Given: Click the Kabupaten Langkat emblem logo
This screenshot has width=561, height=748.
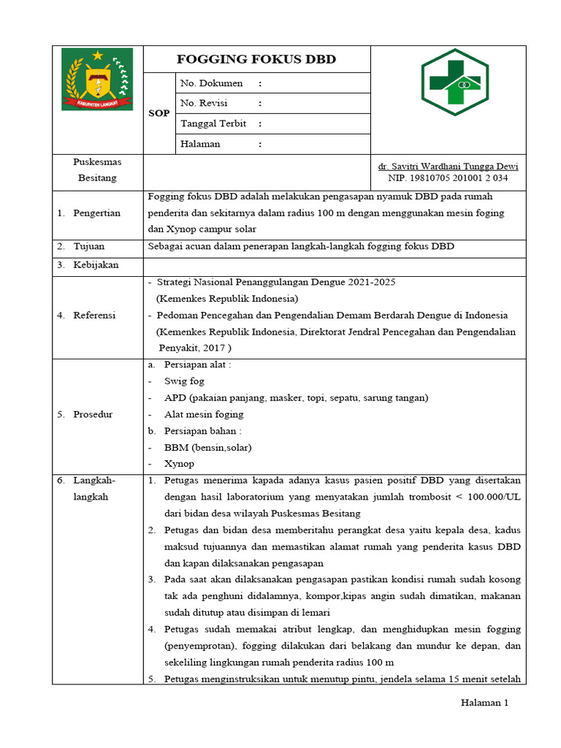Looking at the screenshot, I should tap(97, 79).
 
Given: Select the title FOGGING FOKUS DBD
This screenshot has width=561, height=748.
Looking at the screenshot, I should tap(257, 60).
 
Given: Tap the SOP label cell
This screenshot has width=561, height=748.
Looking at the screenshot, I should tap(159, 113).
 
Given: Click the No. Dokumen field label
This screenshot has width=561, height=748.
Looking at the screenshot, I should tap(211, 83).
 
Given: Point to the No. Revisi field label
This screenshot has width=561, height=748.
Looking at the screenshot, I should tap(204, 103).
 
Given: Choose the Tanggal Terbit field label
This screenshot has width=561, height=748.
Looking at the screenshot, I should tap(213, 123).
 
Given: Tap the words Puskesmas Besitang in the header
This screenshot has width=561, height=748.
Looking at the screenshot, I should tap(97, 169).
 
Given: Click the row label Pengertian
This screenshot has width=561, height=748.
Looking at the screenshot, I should tap(96, 213).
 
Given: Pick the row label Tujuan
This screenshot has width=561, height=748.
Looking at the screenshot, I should tap(90, 246).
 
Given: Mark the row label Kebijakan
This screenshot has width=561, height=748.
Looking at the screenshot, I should tap(96, 264).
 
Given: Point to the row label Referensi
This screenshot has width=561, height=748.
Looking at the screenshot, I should tap(95, 315).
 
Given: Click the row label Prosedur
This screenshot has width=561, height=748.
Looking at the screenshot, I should tap(93, 414).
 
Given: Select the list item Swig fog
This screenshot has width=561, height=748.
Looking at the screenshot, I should tap(184, 381).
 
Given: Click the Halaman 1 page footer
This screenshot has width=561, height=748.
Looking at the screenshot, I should tap(484, 703).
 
